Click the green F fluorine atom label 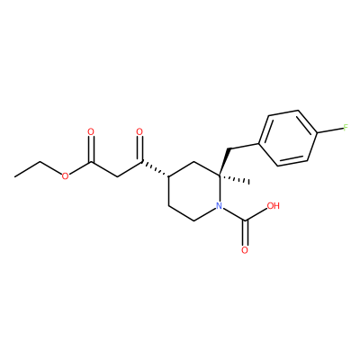tap(346, 129)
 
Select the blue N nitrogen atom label tap(220, 206)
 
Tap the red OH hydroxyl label tap(273, 206)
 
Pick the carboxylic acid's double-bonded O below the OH tap(245, 250)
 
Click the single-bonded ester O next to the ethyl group tap(65, 176)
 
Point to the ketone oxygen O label tap(139, 131)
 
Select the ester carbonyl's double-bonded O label tap(91, 131)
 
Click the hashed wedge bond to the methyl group tap(234, 178)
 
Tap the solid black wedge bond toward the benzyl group tap(224, 162)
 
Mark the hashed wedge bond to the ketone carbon tap(156, 169)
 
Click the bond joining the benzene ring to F tap(329, 130)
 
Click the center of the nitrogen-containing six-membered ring tap(194, 192)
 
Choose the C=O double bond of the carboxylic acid tap(245, 234)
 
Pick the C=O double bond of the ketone tap(140, 149)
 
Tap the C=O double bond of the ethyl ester tap(92, 149)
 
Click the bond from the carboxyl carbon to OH tap(256, 215)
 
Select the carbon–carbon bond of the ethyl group tap(27, 169)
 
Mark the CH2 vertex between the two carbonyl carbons tap(116, 176)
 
